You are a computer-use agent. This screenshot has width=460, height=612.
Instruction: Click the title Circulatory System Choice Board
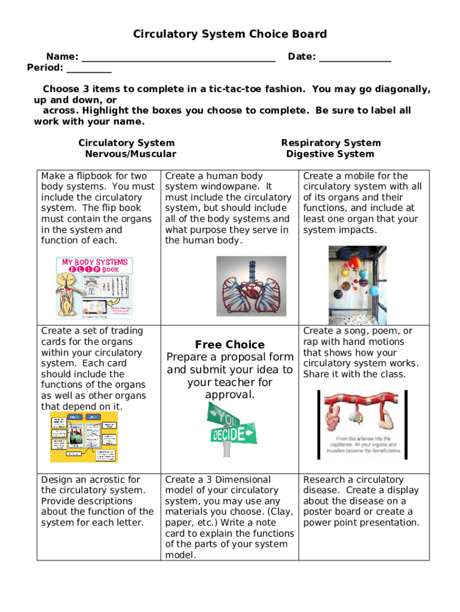(230, 34)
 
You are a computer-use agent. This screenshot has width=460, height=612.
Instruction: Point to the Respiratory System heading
(330, 143)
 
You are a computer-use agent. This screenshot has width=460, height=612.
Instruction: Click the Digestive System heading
(330, 154)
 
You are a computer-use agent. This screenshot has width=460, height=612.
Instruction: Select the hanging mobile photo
(357, 285)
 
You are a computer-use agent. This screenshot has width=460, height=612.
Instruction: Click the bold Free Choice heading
(229, 345)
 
